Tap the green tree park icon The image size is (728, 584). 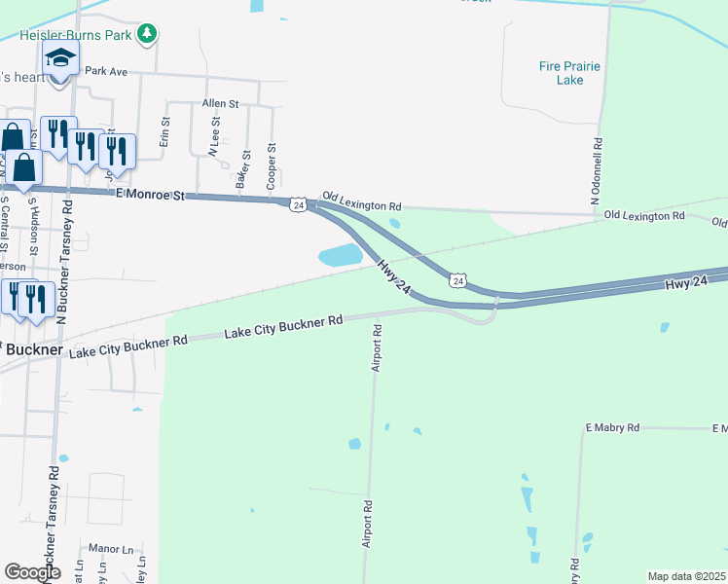(x=147, y=34)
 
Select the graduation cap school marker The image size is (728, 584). (x=61, y=60)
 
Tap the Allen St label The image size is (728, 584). (x=220, y=103)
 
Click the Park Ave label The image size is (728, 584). (x=106, y=71)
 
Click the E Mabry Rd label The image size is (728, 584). (x=611, y=427)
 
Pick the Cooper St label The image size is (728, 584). (x=273, y=166)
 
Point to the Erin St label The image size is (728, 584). (x=165, y=131)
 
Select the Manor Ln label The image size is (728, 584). (x=109, y=549)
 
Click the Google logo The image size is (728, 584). (x=32, y=572)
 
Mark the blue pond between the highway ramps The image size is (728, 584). (x=340, y=256)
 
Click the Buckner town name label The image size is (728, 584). (x=33, y=348)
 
